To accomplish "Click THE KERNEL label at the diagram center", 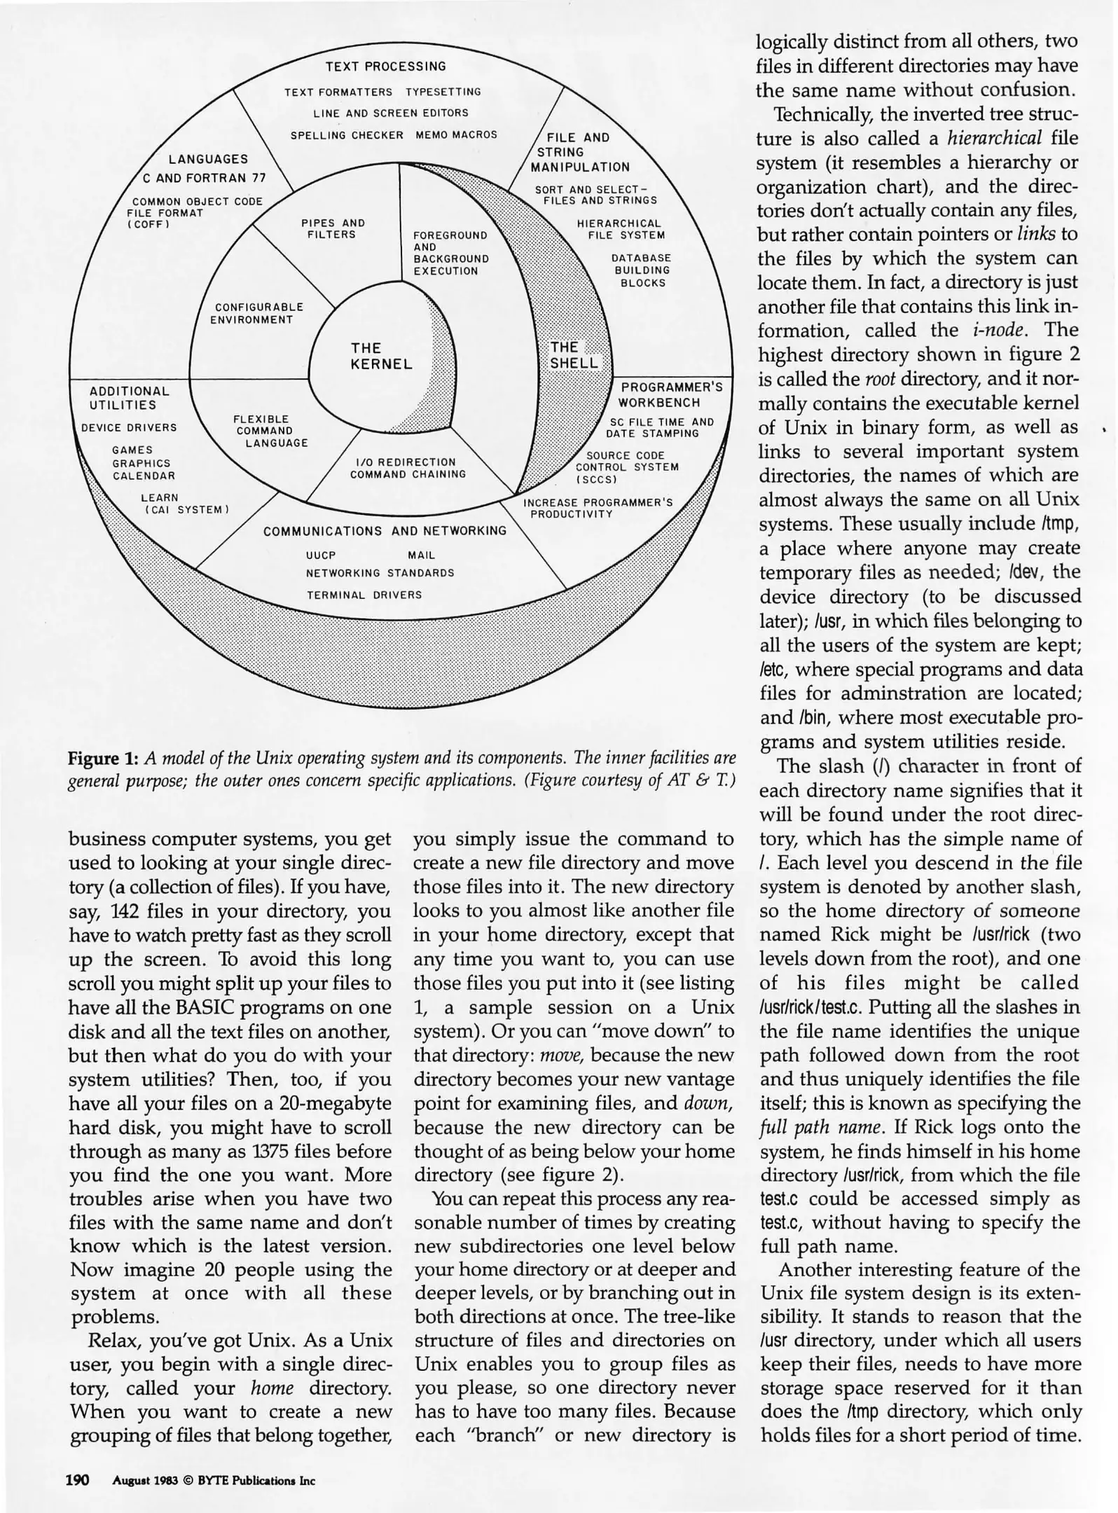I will tap(381, 356).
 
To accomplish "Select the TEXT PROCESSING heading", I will tap(385, 67).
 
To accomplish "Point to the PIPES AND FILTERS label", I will tap(333, 228).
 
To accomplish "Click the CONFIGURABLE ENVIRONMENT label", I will tap(258, 313).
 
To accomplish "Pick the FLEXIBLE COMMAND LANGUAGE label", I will tap(270, 431).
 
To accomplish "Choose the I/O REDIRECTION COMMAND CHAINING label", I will tap(408, 468).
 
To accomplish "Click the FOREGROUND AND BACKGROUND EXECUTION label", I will tap(450, 253).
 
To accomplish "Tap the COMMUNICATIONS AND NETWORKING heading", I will tap(385, 531).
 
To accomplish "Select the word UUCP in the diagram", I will tap(321, 555).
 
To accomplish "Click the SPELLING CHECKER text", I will tap(347, 135).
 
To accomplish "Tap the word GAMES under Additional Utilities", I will tap(132, 450).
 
